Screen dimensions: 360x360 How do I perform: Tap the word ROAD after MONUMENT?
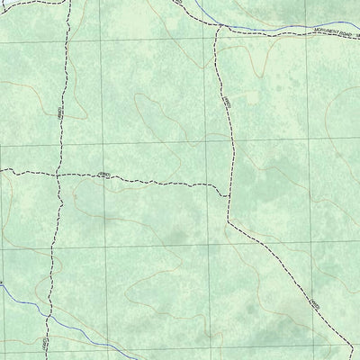(335, 31)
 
